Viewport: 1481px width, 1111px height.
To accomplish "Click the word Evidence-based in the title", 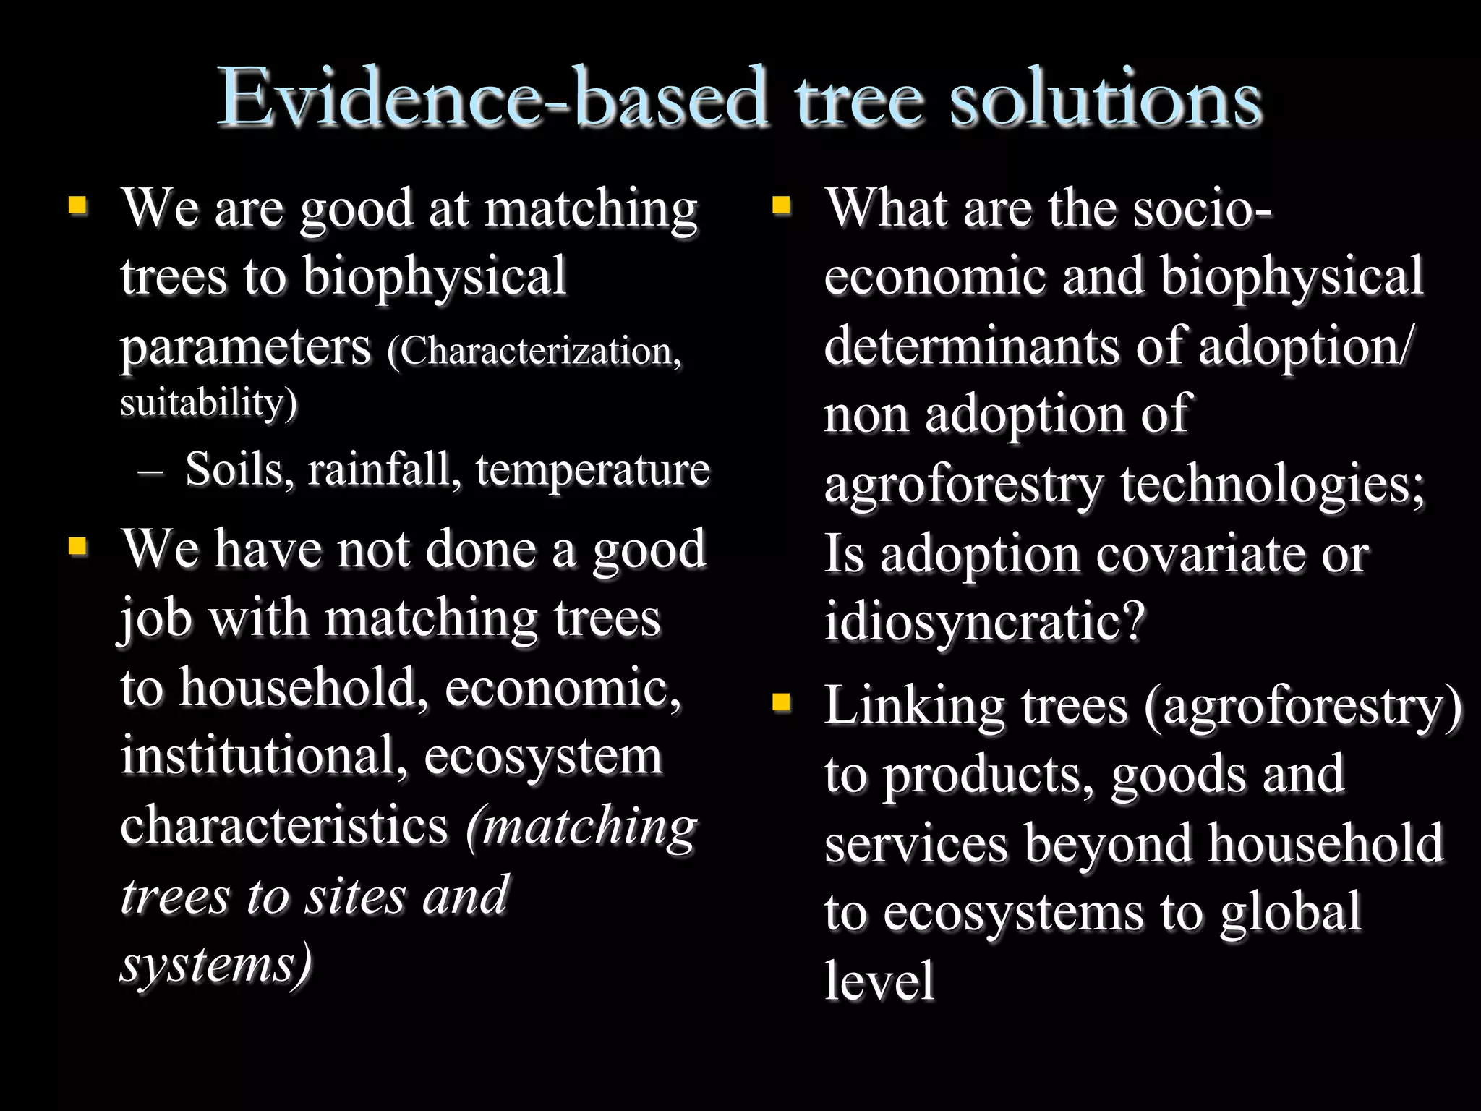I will (x=492, y=98).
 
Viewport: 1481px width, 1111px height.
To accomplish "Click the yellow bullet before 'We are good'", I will (x=78, y=206).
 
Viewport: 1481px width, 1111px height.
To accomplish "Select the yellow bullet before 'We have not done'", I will (x=78, y=547).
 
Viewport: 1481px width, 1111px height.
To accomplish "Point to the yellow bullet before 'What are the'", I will (x=781, y=206).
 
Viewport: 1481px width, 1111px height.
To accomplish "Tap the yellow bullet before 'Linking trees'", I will (x=781, y=702).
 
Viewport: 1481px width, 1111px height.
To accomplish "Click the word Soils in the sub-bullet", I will (x=239, y=470).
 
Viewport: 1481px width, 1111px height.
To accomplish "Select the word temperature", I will (x=593, y=470).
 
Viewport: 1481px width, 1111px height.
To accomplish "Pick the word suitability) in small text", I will (x=208, y=402).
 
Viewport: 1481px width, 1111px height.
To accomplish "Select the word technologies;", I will (x=1272, y=485).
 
